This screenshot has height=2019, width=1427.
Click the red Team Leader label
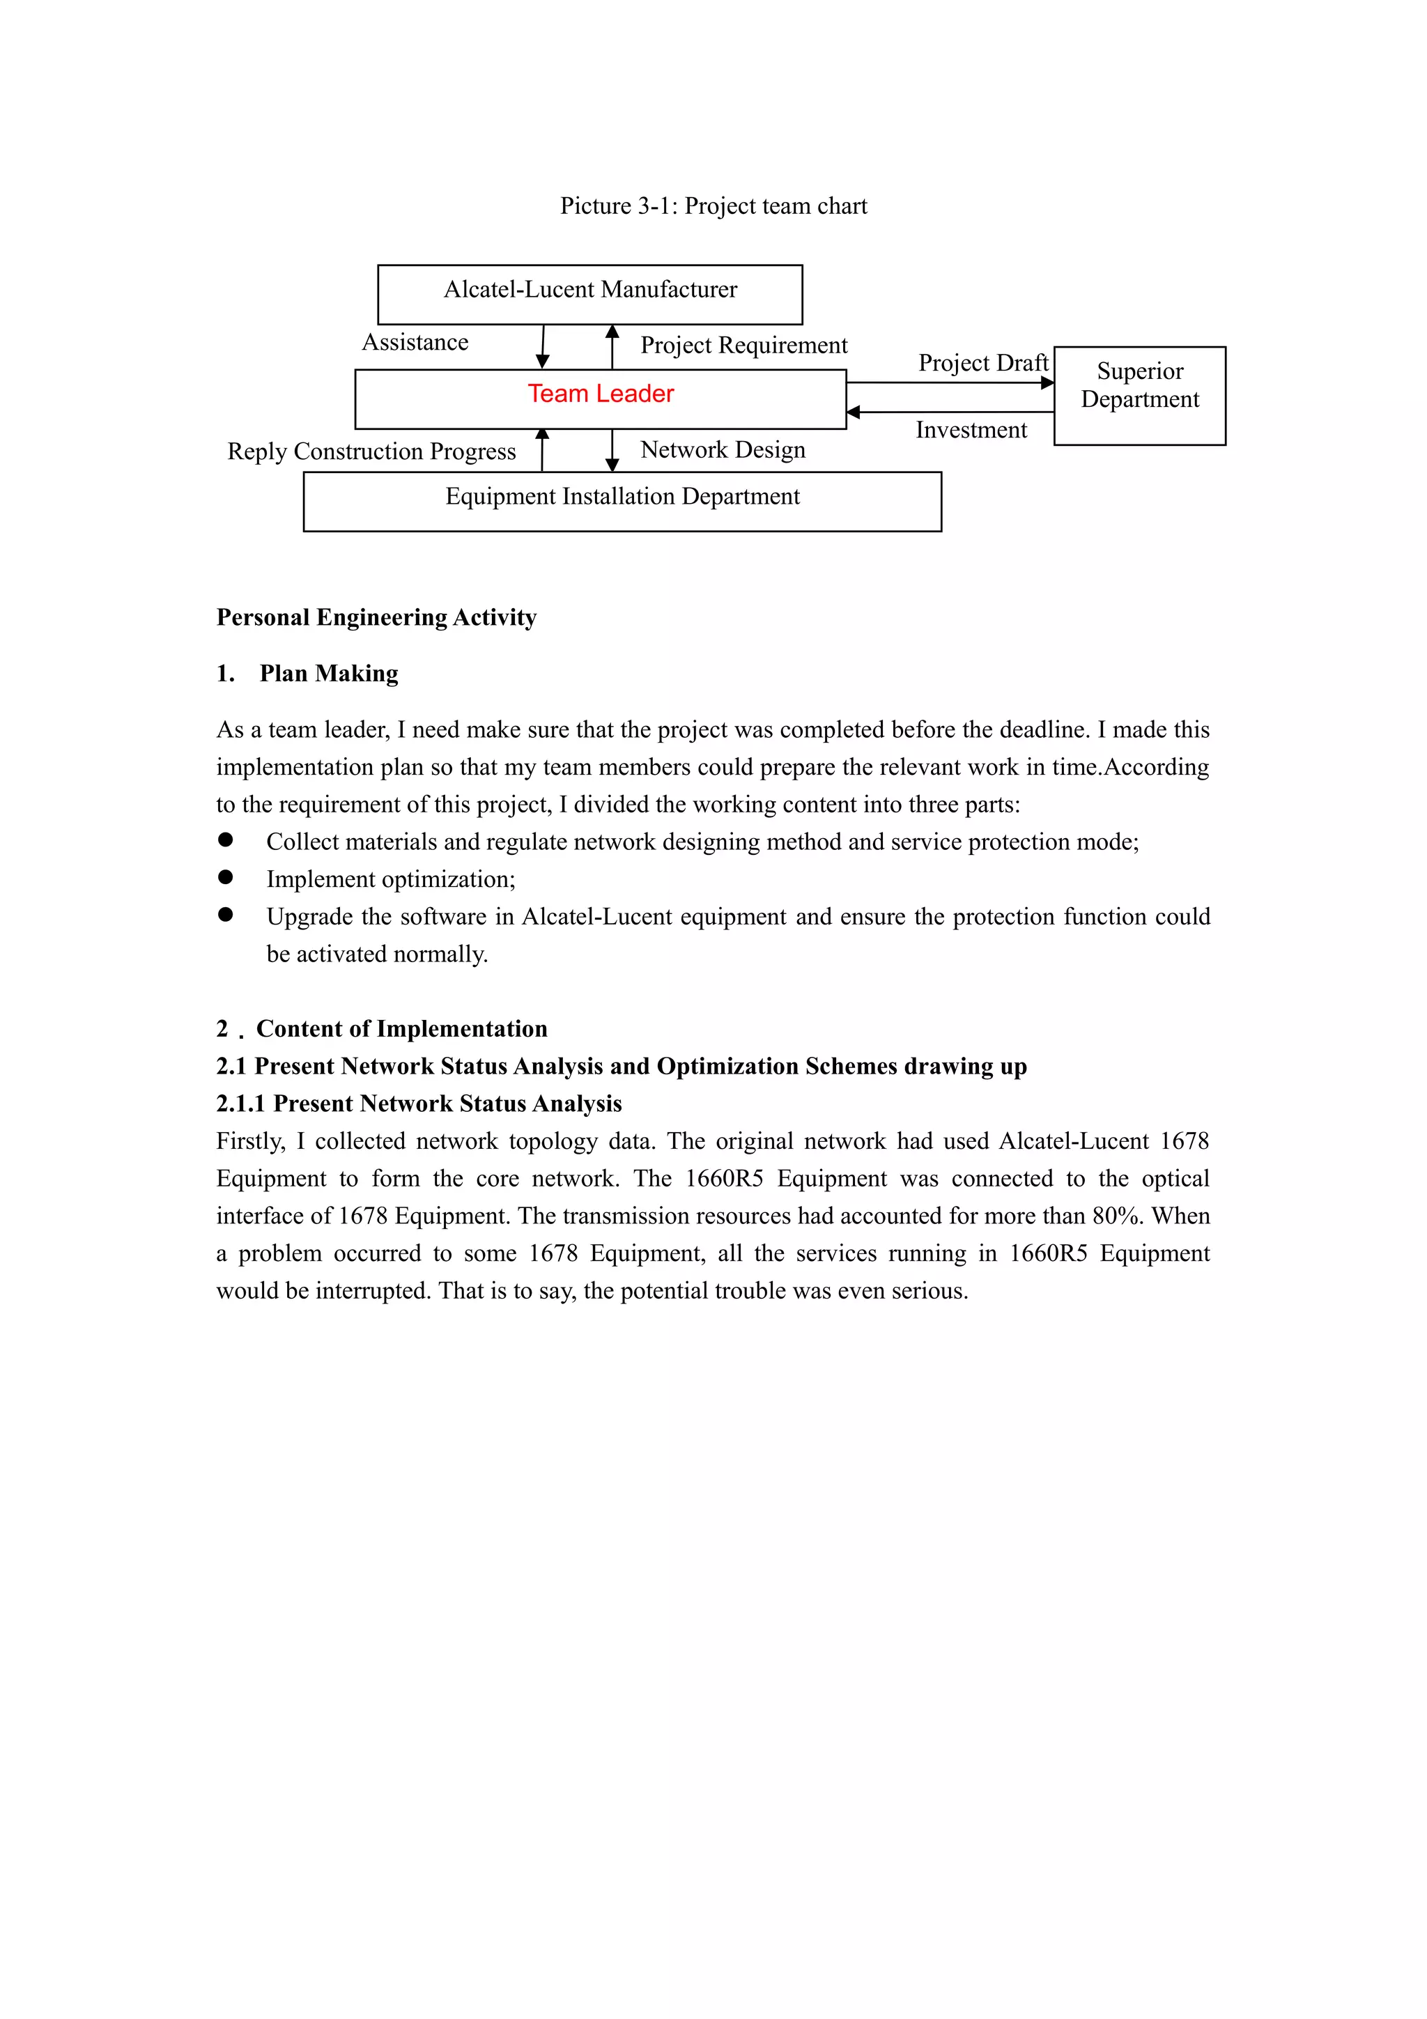pos(601,394)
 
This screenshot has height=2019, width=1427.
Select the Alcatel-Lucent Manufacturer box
pos(590,294)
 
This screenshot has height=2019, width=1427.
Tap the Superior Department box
pos(1139,395)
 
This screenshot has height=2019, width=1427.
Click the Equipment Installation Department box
pos(622,500)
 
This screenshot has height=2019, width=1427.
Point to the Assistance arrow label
pos(415,342)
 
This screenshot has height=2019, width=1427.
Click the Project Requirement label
pos(744,345)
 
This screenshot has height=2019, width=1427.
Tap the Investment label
pos(971,430)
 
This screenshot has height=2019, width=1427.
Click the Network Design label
pos(723,449)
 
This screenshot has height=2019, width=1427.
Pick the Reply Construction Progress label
pos(371,451)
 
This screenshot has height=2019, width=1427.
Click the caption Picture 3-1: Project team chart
pos(713,206)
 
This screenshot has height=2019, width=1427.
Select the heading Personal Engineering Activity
pos(376,617)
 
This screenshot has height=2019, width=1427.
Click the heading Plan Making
pos(329,674)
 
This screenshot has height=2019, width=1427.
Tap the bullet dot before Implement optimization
pos(226,878)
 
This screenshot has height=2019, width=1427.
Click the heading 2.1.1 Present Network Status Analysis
pos(419,1104)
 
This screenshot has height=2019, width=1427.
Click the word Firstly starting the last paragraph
pos(249,1141)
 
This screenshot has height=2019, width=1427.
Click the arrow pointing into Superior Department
pos(1047,382)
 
